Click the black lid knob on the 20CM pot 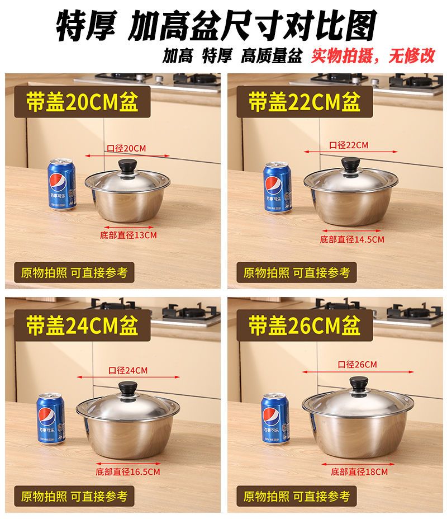(127, 166)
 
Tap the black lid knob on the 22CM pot (351, 164)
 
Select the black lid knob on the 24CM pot (127, 388)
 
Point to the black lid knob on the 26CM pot (359, 384)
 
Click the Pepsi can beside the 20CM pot (62, 185)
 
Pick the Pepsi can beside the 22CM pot (278, 187)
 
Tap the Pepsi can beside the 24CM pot (51, 418)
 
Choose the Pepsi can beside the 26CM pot (275, 418)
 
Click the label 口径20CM (126, 148)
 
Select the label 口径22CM (349, 145)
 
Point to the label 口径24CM (128, 370)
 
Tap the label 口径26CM (358, 365)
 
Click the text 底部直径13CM (129, 235)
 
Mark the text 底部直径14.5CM (352, 239)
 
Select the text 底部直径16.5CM (128, 471)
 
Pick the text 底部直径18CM (359, 471)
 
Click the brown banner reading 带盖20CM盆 (82, 102)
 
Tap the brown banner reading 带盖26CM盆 (305, 325)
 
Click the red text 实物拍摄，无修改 (373, 55)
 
